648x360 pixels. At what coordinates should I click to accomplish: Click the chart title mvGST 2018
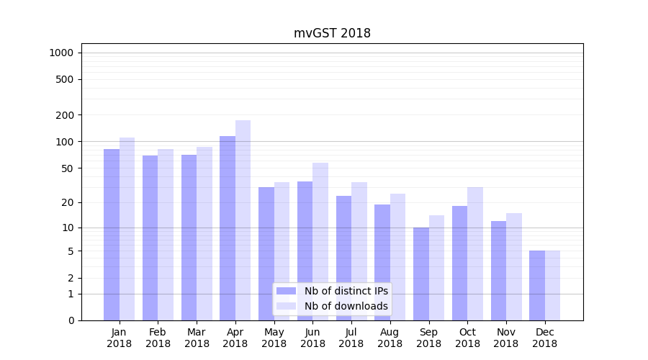click(x=332, y=33)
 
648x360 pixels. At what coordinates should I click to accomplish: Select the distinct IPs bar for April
click(x=228, y=228)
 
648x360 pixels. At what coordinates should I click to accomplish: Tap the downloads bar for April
click(x=243, y=220)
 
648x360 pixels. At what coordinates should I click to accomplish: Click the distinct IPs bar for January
click(x=112, y=234)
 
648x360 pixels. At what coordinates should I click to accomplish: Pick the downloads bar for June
click(x=320, y=241)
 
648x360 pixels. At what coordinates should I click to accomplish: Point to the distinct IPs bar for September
click(x=421, y=274)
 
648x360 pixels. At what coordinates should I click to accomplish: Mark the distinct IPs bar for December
click(x=537, y=285)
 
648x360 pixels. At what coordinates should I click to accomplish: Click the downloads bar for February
click(x=166, y=234)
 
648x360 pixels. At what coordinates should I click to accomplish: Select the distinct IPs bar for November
click(x=498, y=270)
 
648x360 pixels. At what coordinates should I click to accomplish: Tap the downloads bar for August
click(x=397, y=256)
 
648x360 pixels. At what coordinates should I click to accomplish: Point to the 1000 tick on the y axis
click(x=61, y=53)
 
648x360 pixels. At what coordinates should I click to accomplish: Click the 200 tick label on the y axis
click(x=66, y=115)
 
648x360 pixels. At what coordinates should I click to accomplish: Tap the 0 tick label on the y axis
click(x=71, y=320)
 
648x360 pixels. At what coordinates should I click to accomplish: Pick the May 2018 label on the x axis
click(x=274, y=338)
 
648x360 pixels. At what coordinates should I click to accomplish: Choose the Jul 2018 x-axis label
click(x=351, y=338)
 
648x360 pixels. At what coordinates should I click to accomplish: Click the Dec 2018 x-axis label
click(x=544, y=338)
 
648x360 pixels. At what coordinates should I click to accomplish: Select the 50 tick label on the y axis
click(x=68, y=168)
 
